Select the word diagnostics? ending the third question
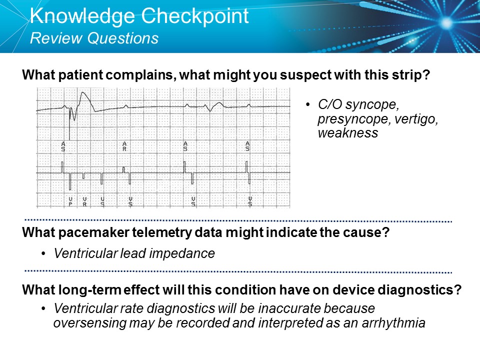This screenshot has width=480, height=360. click(x=426, y=290)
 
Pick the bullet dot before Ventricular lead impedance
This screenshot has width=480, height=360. click(x=44, y=254)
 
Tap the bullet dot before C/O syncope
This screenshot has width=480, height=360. click(x=307, y=105)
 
